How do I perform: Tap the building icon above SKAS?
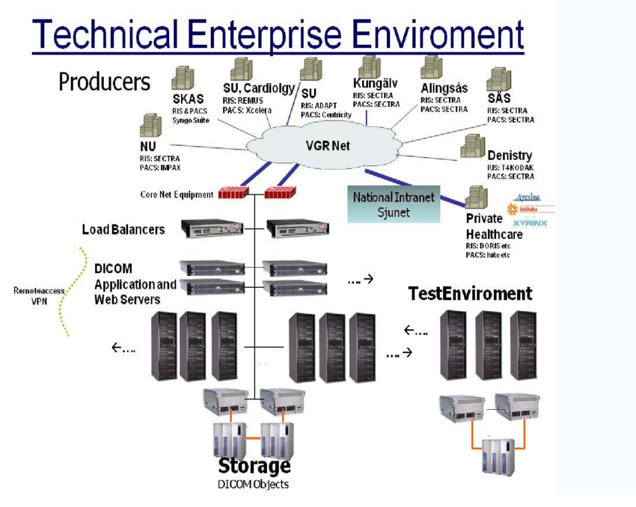point(183,79)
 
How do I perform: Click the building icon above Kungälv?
point(369,67)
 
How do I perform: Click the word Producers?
point(105,82)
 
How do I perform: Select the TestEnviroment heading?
point(470,293)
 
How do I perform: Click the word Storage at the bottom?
point(254,466)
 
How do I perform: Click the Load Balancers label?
point(123,229)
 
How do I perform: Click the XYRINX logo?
point(529,223)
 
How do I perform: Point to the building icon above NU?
point(150,126)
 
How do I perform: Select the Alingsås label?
point(444,87)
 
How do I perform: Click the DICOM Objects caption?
point(253,485)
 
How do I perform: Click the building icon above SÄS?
point(498,79)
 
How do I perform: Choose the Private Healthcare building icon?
point(477,198)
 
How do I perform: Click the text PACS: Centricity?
point(326,114)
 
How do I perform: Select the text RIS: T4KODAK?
point(510,168)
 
